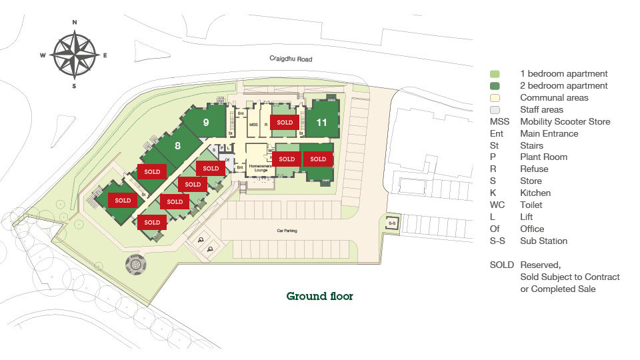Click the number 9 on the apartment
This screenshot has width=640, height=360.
(206, 122)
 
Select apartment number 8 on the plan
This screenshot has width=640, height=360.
(178, 145)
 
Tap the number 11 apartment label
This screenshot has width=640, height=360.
(322, 122)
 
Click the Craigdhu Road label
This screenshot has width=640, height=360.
(291, 59)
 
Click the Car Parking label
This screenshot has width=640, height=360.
(287, 231)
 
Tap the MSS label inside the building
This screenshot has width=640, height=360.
(253, 125)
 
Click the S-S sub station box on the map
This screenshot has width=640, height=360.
(392, 223)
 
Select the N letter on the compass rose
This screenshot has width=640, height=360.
(75, 22)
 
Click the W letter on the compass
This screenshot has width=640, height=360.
(42, 55)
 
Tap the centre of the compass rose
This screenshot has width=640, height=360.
(75, 55)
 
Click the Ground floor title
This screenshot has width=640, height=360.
(319, 296)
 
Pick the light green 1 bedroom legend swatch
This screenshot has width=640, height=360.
(495, 74)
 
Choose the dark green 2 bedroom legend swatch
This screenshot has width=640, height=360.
(495, 86)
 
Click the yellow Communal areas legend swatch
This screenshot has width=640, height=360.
(495, 98)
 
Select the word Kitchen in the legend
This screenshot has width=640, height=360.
(535, 193)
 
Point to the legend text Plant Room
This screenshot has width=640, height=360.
(543, 157)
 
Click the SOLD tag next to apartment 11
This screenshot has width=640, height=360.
(285, 123)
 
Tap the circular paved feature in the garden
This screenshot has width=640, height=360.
(135, 265)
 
